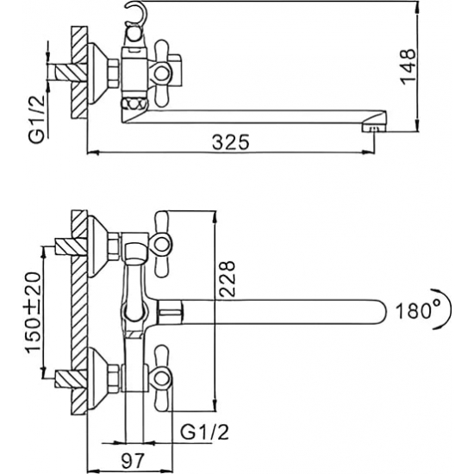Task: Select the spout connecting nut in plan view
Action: [170, 310]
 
